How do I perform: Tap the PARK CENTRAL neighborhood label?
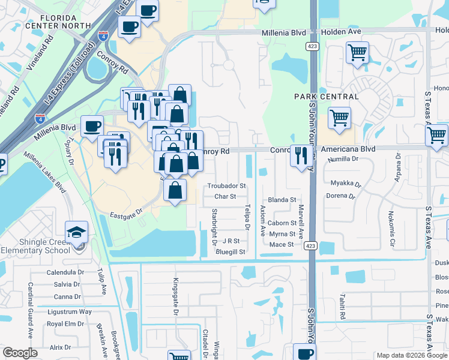[327, 97]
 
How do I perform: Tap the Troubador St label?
[227, 187]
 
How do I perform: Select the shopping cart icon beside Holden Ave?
[357, 53]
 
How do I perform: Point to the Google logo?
[20, 353]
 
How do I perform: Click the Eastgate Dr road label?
[126, 212]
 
